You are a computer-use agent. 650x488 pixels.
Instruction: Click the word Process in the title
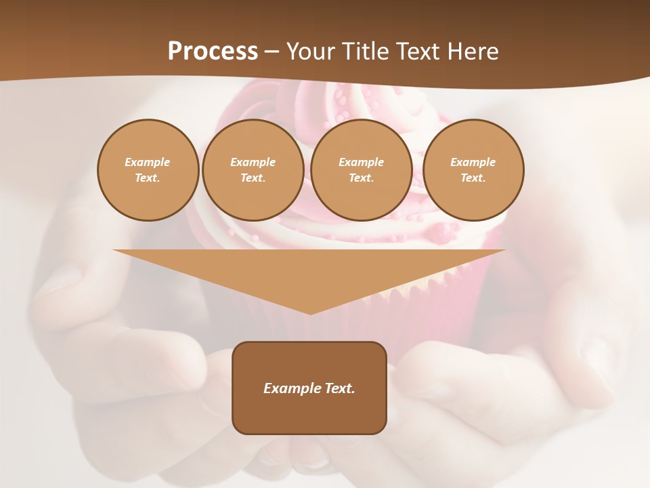[x=213, y=52]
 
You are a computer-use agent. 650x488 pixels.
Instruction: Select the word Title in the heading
[x=366, y=52]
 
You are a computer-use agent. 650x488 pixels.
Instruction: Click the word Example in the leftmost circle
[x=148, y=162]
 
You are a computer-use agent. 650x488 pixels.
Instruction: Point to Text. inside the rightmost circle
[x=473, y=178]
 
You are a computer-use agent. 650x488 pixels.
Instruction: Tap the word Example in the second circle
[x=253, y=162]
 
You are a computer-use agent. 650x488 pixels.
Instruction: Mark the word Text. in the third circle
[x=361, y=178]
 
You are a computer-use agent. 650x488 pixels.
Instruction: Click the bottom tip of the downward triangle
[x=309, y=312]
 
